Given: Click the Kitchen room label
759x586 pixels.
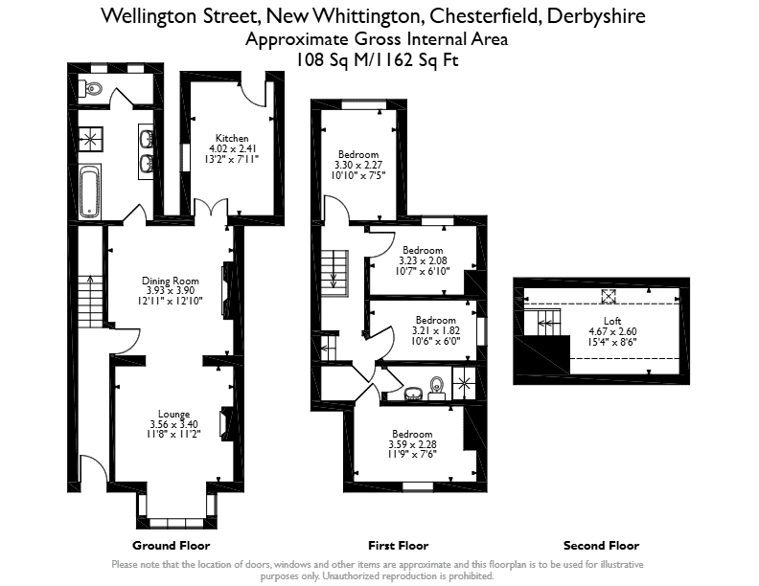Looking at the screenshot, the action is [232, 138].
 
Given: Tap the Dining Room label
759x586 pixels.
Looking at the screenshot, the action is [171, 281].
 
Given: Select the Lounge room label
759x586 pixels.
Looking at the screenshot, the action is [173, 414].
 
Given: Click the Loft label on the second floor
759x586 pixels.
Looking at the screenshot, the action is [612, 321].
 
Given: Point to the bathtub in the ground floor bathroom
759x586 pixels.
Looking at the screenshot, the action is [90, 192].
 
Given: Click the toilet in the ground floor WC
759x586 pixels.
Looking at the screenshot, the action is [91, 88].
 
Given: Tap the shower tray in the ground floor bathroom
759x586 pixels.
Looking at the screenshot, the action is [90, 140].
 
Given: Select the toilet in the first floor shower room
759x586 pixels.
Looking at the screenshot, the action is [437, 388].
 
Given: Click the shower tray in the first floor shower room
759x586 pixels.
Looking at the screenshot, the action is [464, 383].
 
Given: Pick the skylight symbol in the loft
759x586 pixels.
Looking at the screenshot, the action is [609, 297].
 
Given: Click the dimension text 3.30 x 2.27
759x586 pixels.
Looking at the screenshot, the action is [358, 165].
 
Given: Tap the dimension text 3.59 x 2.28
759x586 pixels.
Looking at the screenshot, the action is [412, 444].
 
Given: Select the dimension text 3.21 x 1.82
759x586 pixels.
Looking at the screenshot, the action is [436, 330].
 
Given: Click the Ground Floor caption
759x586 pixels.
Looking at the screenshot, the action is [172, 546].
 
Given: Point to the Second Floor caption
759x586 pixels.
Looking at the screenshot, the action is [601, 546].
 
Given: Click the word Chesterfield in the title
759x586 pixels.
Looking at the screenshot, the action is [486, 16].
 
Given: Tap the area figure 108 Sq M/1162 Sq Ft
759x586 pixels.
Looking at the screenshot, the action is [377, 60].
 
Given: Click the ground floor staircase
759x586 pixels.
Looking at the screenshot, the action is [90, 301].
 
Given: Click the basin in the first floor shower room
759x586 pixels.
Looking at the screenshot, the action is [413, 394].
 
